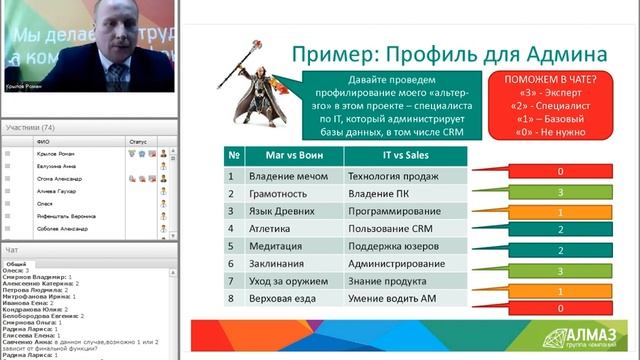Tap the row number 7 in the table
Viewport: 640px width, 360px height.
click(x=231, y=283)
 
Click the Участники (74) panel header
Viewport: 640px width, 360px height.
click(x=30, y=128)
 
